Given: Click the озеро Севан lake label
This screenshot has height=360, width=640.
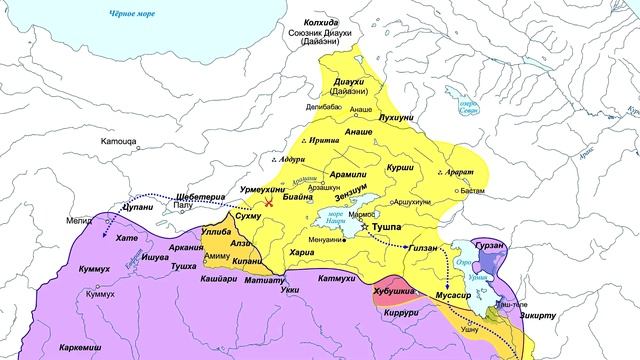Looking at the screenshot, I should coord(462,105).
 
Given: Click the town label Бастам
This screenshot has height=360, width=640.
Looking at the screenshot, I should coord(473,188).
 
